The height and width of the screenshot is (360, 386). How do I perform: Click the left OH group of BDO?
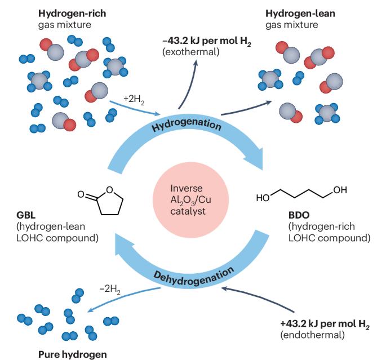pos(263,198)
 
